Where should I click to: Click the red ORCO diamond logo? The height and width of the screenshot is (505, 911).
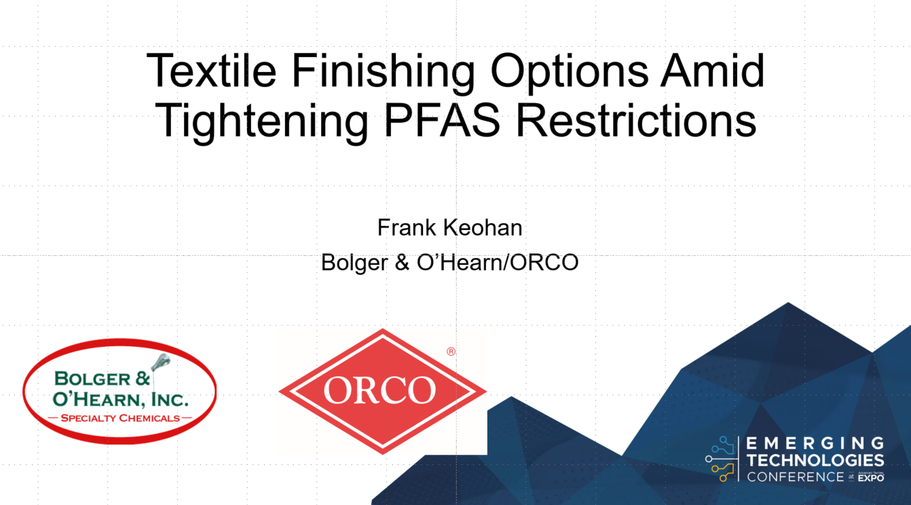click(x=382, y=390)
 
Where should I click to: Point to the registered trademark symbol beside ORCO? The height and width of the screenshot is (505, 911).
click(x=451, y=352)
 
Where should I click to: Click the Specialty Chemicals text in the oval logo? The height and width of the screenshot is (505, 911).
click(x=120, y=417)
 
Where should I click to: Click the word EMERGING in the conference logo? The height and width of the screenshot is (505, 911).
click(x=815, y=444)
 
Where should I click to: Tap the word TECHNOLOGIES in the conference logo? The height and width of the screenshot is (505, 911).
click(x=815, y=461)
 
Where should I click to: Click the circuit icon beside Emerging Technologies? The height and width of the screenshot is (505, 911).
click(x=720, y=458)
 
